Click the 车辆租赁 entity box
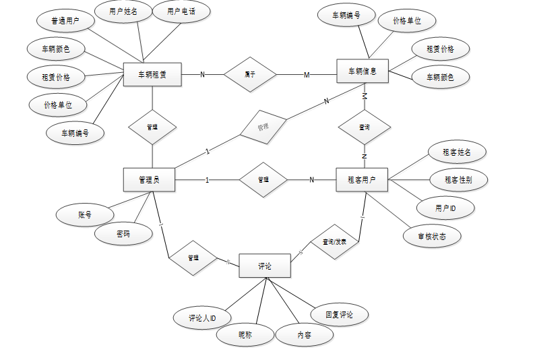[x=152, y=74]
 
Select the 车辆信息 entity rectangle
[x=363, y=71]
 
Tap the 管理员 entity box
[x=149, y=180]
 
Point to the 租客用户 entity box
[x=362, y=180]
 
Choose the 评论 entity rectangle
[x=265, y=266]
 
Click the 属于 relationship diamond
[x=250, y=74]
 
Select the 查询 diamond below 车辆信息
[x=365, y=127]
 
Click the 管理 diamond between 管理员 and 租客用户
[x=263, y=180]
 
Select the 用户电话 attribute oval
[x=181, y=11]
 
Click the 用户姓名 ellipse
[x=123, y=11]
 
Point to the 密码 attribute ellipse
[x=123, y=234]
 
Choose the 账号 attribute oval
[x=85, y=215]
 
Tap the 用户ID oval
[x=445, y=208]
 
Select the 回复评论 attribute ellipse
[x=340, y=314]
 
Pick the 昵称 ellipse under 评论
[x=245, y=334]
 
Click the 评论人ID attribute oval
[x=201, y=318]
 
